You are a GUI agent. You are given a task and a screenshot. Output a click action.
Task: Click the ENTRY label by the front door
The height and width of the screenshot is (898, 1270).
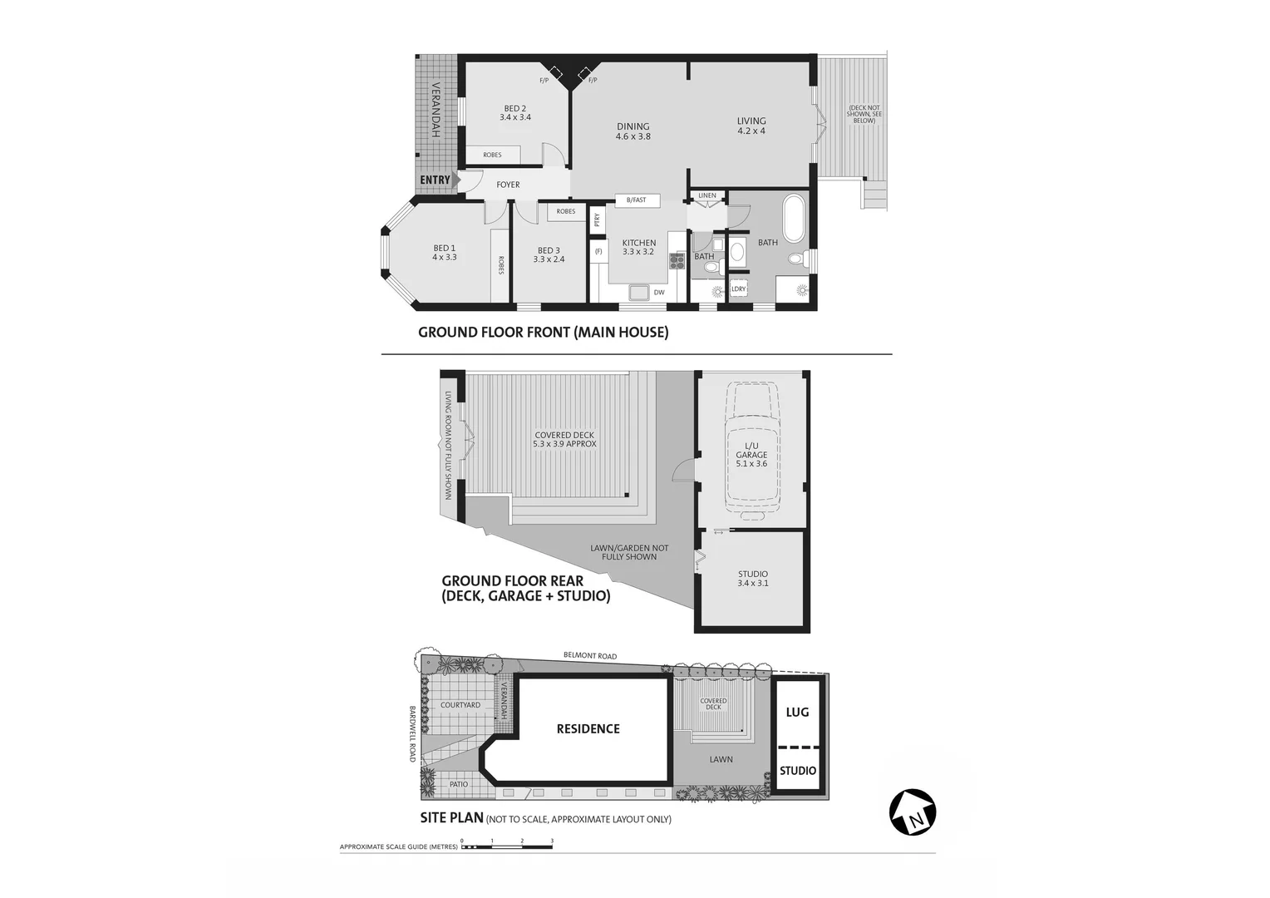tap(435, 180)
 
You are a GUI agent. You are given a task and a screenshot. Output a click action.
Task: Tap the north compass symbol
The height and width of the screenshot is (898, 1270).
tap(913, 812)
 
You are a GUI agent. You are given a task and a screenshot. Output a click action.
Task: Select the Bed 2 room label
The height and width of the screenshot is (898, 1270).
tap(515, 113)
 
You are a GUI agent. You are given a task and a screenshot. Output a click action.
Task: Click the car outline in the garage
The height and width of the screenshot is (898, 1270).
tap(751, 449)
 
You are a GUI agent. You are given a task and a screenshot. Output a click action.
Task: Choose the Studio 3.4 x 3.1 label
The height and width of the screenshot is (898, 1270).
tap(752, 579)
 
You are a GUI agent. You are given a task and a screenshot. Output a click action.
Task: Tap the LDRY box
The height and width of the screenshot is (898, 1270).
tap(738, 289)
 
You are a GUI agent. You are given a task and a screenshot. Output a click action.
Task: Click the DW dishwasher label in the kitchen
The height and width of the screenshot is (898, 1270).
tap(659, 293)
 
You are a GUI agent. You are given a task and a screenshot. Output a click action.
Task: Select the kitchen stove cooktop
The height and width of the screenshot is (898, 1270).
tap(677, 262)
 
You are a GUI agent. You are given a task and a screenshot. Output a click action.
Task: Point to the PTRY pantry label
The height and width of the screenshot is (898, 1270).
tap(597, 220)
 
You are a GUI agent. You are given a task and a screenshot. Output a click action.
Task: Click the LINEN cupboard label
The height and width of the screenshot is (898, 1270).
tap(707, 196)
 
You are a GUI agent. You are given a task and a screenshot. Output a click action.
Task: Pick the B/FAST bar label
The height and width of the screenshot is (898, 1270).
tap(637, 200)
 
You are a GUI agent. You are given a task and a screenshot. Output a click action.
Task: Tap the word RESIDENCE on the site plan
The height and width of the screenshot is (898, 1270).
tap(588, 729)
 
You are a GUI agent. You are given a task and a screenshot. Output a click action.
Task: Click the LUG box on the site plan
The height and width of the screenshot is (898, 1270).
tap(797, 713)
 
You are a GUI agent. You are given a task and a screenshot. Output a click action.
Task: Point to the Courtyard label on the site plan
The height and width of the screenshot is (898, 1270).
tap(460, 705)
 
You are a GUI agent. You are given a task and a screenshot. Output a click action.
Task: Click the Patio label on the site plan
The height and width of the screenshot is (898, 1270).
tap(459, 784)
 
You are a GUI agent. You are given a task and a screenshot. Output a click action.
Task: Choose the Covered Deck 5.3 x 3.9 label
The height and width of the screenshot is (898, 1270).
tap(564, 440)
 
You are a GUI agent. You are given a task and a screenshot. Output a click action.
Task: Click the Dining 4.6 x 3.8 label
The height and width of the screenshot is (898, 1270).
tap(633, 131)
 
